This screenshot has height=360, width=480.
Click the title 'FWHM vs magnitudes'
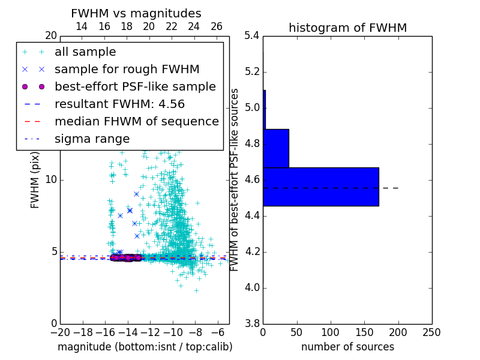point(136,13)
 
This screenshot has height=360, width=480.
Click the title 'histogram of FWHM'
point(347,28)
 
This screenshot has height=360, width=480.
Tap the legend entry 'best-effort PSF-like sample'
point(135,86)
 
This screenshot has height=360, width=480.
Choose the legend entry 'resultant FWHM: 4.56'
point(119,104)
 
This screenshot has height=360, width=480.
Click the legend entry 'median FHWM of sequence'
point(136,121)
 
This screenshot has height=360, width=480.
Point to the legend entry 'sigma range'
point(92,139)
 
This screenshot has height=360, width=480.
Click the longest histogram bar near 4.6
point(321,187)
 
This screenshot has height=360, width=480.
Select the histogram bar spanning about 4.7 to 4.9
point(276,148)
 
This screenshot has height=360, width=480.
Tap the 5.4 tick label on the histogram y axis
point(252,36)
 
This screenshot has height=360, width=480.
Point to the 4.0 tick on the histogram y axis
point(252,287)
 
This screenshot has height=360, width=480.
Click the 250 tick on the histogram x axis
point(431,332)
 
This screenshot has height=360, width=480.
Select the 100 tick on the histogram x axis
point(331,332)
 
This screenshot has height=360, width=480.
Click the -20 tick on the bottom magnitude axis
point(60,332)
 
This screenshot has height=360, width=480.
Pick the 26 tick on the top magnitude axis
point(217,26)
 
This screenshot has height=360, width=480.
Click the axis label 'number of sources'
point(347,347)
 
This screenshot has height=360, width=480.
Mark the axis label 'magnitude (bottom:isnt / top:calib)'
point(145,347)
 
